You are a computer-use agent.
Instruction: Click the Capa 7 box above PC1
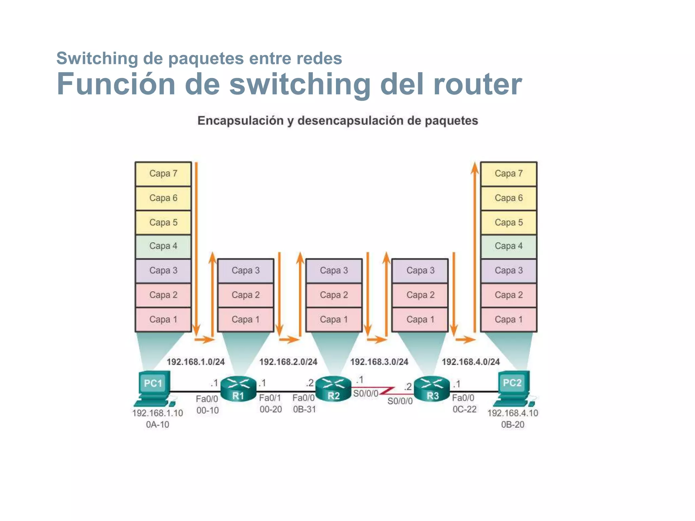(x=163, y=174)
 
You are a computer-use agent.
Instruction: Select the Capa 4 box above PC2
(x=508, y=246)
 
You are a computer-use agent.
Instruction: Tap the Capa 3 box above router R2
(x=334, y=271)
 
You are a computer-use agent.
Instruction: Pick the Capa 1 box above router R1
(x=245, y=320)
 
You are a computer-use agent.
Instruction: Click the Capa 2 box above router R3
(x=420, y=295)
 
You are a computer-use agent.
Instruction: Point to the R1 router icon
(x=238, y=389)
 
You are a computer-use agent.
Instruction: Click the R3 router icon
(x=432, y=389)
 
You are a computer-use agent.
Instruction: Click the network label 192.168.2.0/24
(x=288, y=362)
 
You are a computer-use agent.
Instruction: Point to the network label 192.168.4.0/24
(x=471, y=362)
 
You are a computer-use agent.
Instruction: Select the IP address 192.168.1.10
(x=157, y=413)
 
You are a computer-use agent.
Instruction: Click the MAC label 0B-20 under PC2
(x=512, y=425)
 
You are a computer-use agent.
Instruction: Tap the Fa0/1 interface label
(x=270, y=398)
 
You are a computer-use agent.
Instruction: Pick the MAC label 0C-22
(x=464, y=409)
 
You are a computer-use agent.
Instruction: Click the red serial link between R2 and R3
(x=387, y=390)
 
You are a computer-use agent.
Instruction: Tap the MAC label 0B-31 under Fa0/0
(x=304, y=409)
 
